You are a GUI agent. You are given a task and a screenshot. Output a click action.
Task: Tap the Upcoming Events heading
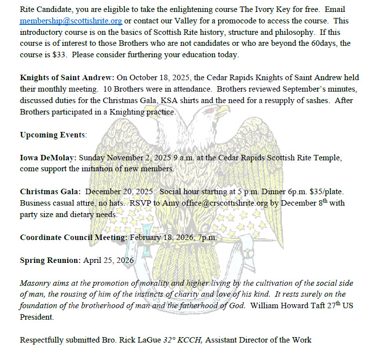point(53,135)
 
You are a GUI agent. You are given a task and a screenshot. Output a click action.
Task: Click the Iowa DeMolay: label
point(48,158)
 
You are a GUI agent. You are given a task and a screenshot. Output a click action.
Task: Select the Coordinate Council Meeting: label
point(78,238)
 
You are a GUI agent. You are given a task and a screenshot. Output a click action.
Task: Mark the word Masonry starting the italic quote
point(35,283)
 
